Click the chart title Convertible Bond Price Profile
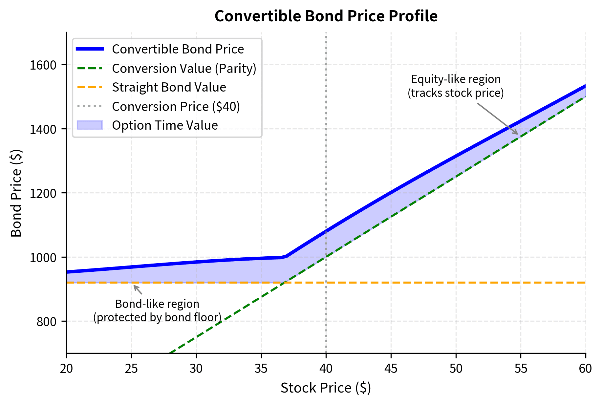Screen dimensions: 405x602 pyautogui.click(x=326, y=16)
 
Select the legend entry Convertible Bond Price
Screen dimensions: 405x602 pyautogui.click(x=178, y=49)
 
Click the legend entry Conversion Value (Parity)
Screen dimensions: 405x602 pyautogui.click(x=184, y=68)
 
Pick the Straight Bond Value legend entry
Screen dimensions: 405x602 pyautogui.click(x=169, y=87)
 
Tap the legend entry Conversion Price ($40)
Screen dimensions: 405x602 pyautogui.click(x=176, y=106)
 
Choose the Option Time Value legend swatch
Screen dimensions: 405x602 pyautogui.click(x=90, y=125)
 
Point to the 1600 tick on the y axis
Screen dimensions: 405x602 pyautogui.click(x=43, y=65)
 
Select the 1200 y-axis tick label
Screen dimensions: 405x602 pyautogui.click(x=43, y=193)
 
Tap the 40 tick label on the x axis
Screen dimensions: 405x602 pyautogui.click(x=326, y=369)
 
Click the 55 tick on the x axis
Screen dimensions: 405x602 pyautogui.click(x=521, y=369)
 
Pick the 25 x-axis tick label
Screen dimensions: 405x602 pyautogui.click(x=131, y=369)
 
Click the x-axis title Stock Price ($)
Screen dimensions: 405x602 pyautogui.click(x=326, y=388)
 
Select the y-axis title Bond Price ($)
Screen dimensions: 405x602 pyautogui.click(x=16, y=193)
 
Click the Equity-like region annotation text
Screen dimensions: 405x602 pyautogui.click(x=456, y=86)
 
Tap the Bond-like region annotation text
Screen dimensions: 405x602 pyautogui.click(x=157, y=310)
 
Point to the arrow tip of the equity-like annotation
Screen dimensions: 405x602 pyautogui.click(x=518, y=134)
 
